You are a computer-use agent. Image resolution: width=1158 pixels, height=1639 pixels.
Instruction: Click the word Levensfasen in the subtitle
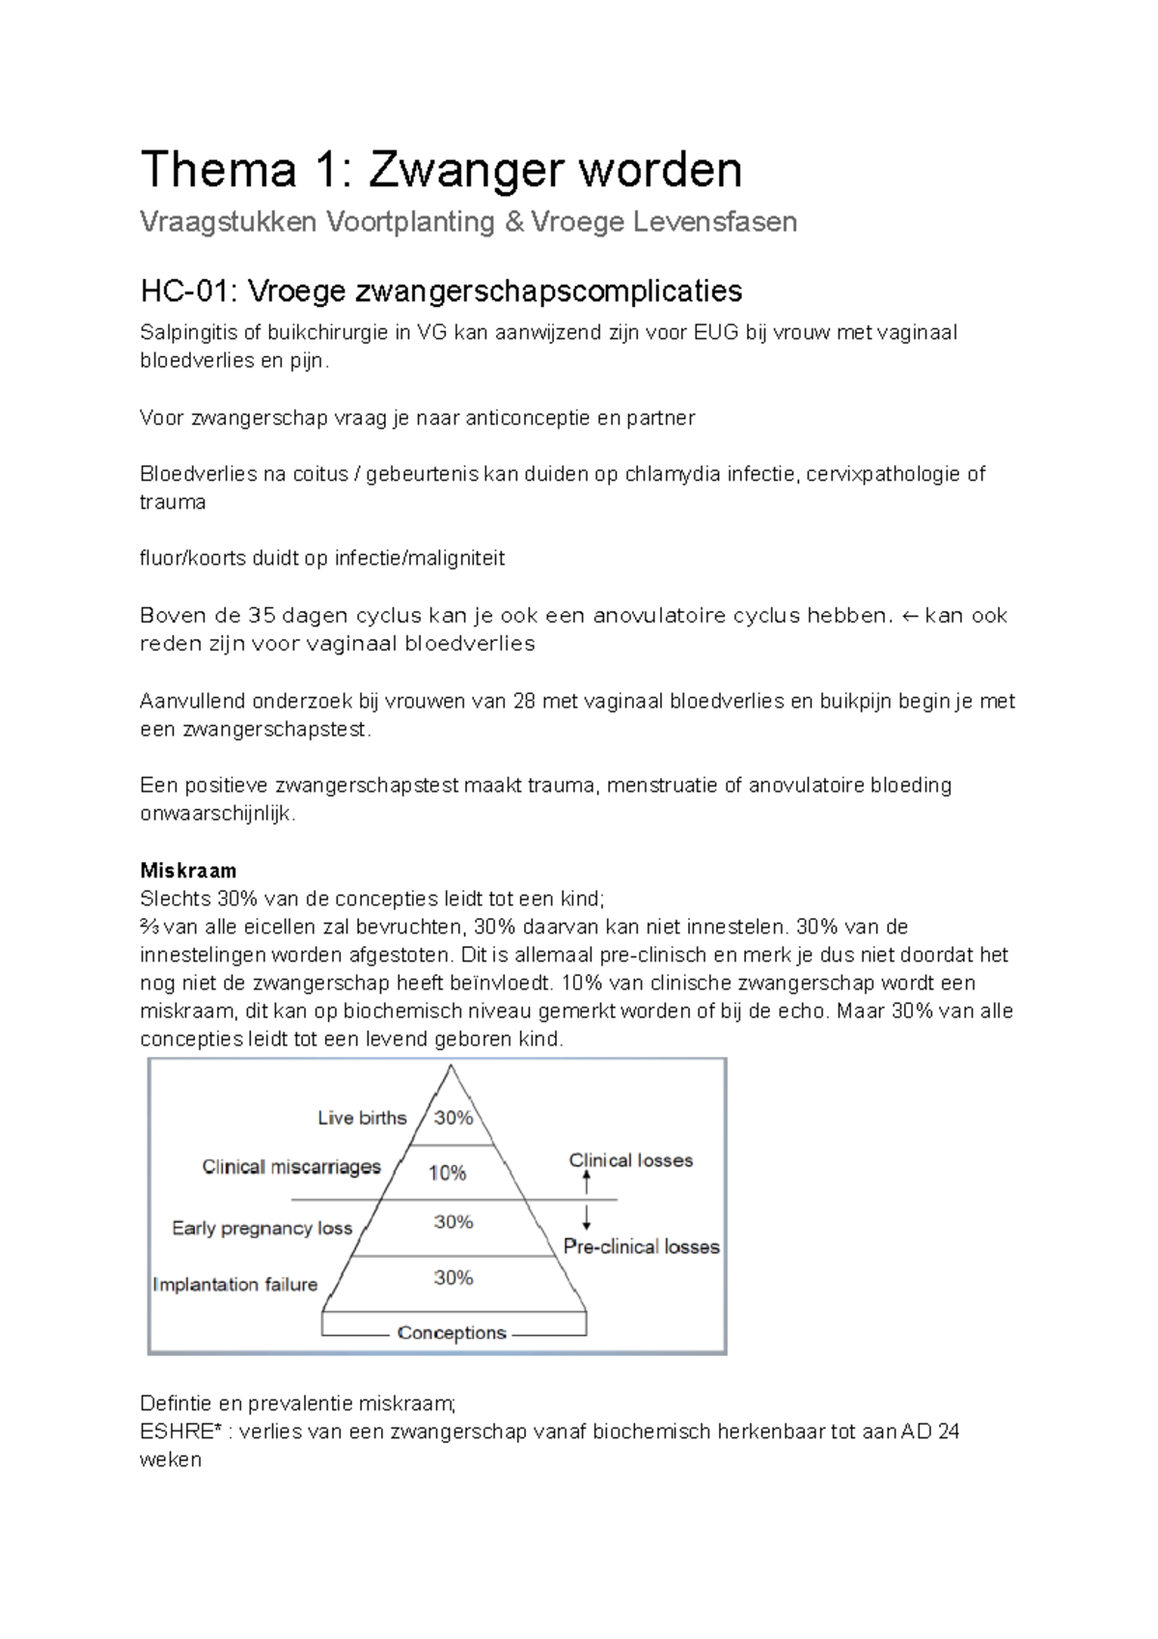click(x=714, y=222)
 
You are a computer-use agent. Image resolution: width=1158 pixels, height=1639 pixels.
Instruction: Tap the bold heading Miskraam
click(x=188, y=870)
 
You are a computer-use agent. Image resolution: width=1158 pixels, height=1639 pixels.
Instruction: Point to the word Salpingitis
click(x=188, y=333)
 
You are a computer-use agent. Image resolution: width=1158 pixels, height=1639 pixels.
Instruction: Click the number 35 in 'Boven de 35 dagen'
click(x=261, y=616)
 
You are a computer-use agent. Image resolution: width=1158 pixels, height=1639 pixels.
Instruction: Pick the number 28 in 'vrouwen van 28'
click(x=524, y=702)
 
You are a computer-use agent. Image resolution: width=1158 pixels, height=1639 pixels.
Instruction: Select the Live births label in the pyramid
click(x=362, y=1118)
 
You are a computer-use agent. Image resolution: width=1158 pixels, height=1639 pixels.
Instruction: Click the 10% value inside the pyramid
click(x=448, y=1173)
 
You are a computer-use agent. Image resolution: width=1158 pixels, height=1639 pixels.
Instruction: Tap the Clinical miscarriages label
click(x=291, y=1167)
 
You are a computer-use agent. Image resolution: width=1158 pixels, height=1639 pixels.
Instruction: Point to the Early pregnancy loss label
click(x=262, y=1228)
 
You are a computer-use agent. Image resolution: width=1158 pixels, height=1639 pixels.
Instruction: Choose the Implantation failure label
click(x=234, y=1285)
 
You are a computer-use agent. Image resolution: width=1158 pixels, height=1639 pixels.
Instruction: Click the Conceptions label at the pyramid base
click(x=452, y=1333)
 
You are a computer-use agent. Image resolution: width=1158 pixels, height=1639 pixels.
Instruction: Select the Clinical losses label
click(x=630, y=1160)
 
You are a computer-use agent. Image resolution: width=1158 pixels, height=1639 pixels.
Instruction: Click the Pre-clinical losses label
click(x=641, y=1247)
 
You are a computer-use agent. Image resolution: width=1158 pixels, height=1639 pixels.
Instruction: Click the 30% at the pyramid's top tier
click(x=453, y=1118)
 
